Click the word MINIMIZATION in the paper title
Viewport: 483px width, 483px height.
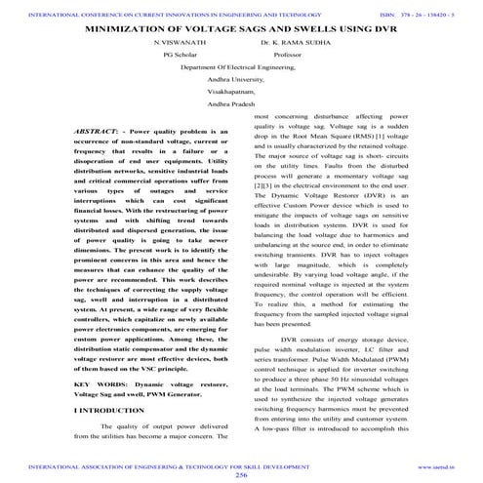tap(134, 29)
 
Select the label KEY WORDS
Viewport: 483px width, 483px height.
tap(100, 385)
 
